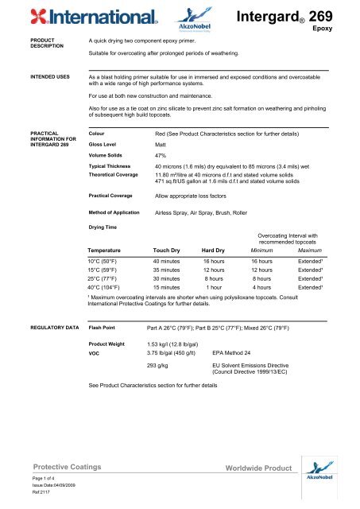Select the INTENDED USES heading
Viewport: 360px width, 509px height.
29,77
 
